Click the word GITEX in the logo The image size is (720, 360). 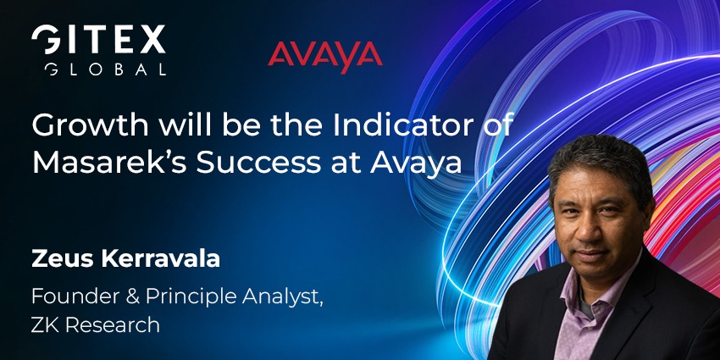(98, 41)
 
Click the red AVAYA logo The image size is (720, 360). (325, 55)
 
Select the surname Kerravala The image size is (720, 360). (156, 259)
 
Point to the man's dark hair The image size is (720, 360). (597, 152)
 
